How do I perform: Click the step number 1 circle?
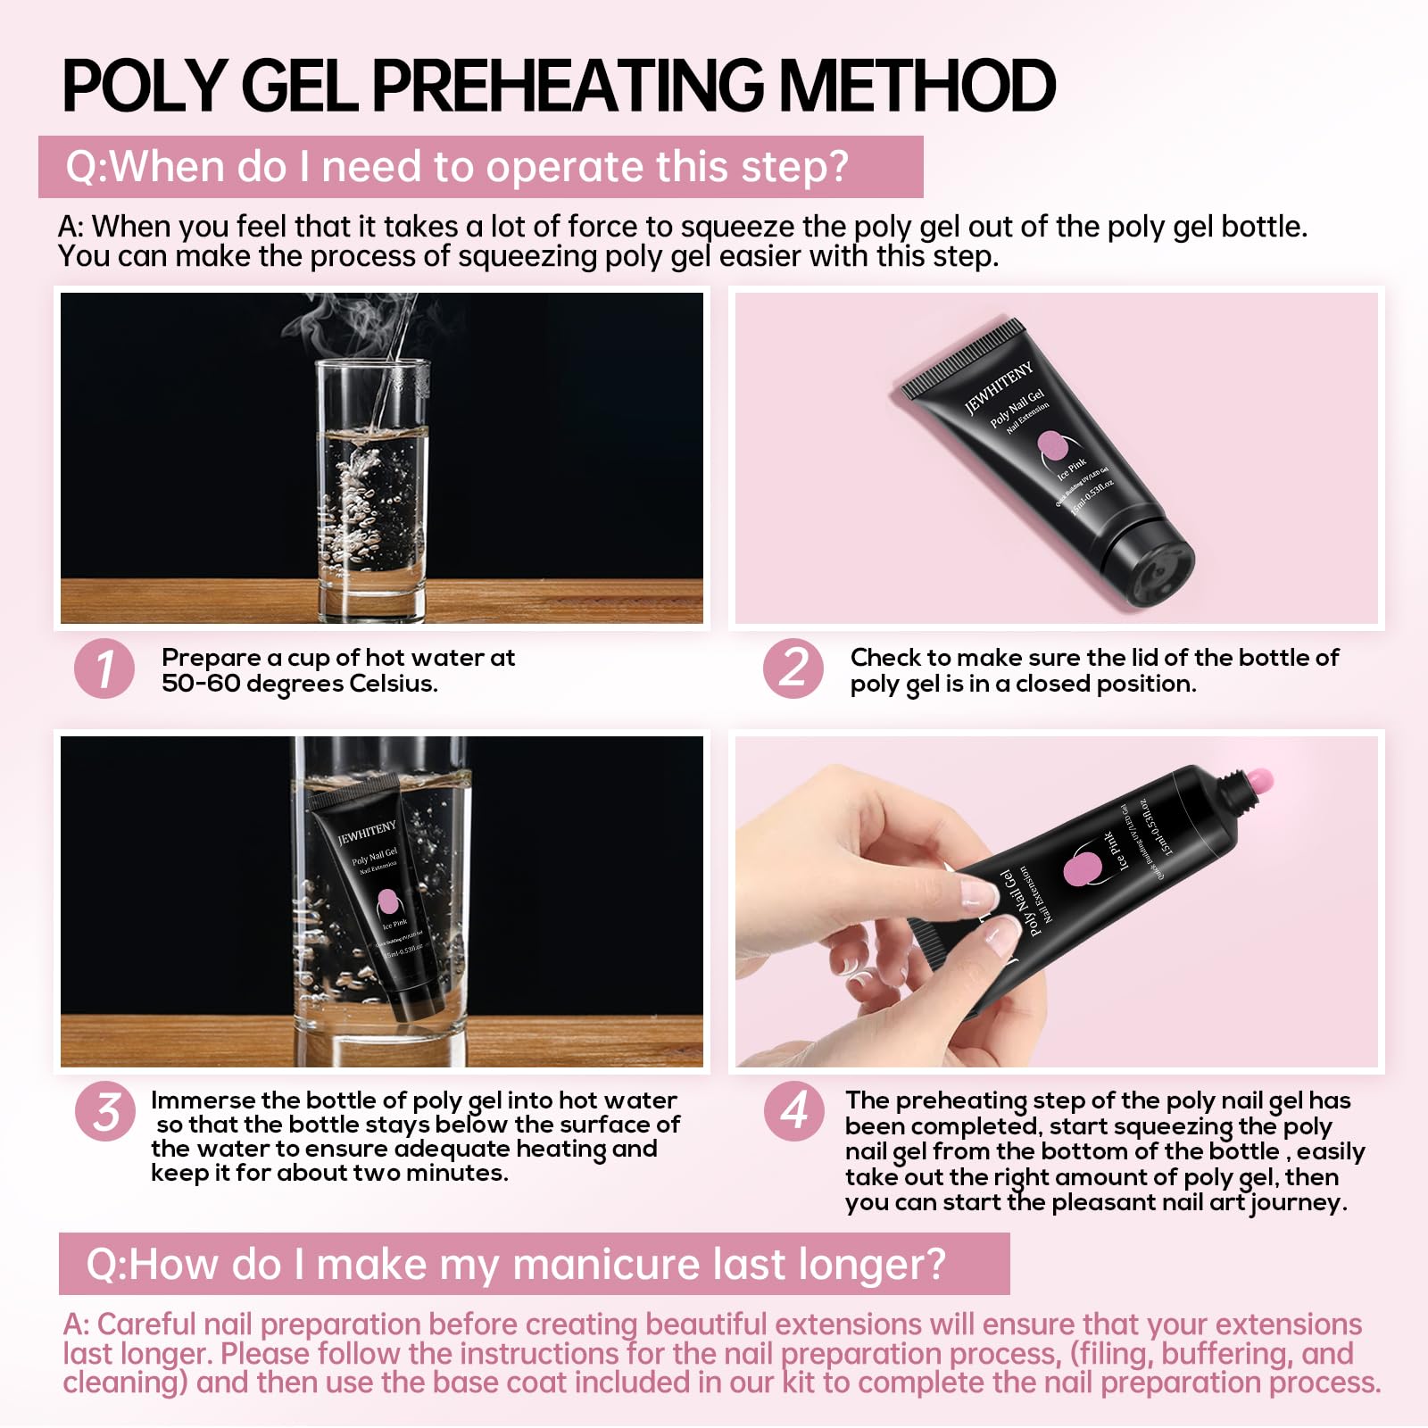pyautogui.click(x=104, y=668)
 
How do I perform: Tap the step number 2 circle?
pyautogui.click(x=793, y=668)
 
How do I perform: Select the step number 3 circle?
pyautogui.click(x=105, y=1112)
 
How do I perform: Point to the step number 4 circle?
pyautogui.click(x=793, y=1112)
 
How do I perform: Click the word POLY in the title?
pyautogui.click(x=144, y=87)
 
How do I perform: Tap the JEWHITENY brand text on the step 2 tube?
pyautogui.click(x=999, y=389)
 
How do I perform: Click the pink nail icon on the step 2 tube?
pyautogui.click(x=1054, y=445)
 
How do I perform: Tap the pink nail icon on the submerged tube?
pyautogui.click(x=387, y=901)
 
